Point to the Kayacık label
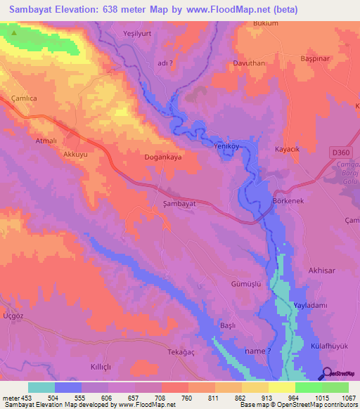[288, 150]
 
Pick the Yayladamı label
[311, 306]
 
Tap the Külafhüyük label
[329, 347]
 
